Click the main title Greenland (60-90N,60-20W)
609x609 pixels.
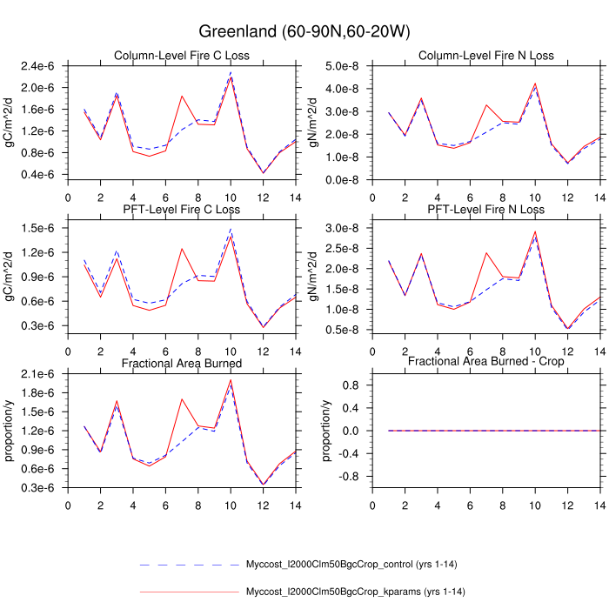pyautogui.click(x=304, y=31)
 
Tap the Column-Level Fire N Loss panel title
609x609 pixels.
pyautogui.click(x=485, y=57)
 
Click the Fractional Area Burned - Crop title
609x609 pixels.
pyautogui.click(x=485, y=362)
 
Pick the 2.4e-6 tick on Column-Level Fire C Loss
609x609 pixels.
pyautogui.click(x=44, y=66)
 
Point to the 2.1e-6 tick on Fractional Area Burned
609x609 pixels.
pyautogui.click(x=44, y=374)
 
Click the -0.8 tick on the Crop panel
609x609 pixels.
pyautogui.click(x=352, y=477)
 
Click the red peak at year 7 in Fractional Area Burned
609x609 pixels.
pyautogui.click(x=182, y=399)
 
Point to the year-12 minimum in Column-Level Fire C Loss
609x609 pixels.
pyautogui.click(x=263, y=172)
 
